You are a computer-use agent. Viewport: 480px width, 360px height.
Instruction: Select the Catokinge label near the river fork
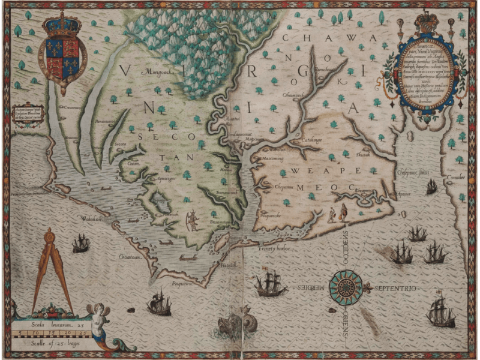pyautogui.click(x=310, y=140)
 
